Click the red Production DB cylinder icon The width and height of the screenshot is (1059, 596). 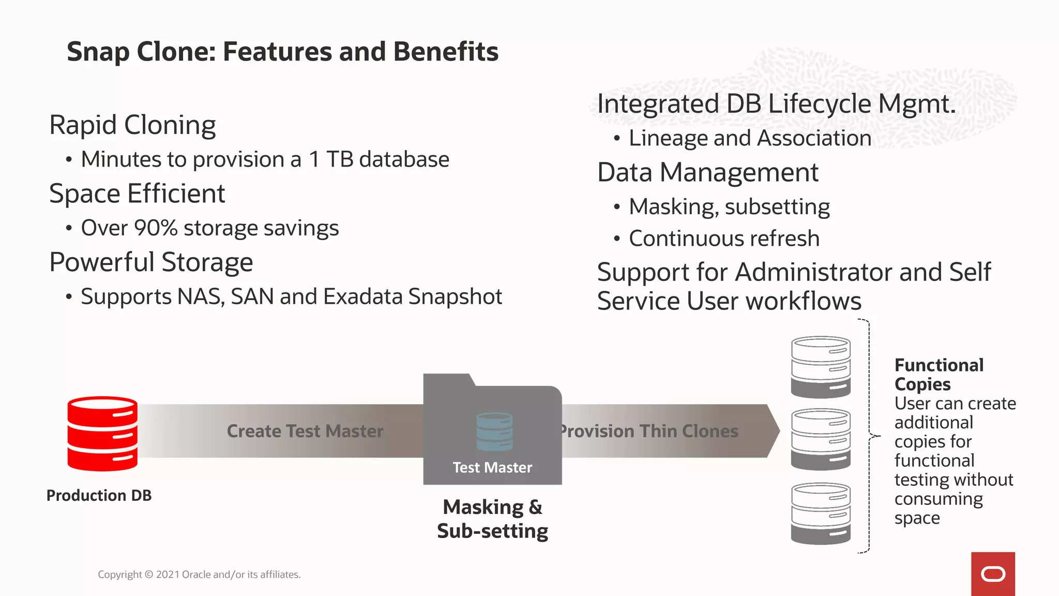point(102,434)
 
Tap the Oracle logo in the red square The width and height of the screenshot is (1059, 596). point(993,574)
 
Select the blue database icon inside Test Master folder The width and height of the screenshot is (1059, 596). point(495,431)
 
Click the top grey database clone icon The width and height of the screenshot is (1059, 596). point(821,367)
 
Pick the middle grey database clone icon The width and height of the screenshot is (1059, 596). point(821,439)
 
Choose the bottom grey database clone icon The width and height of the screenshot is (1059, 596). point(821,513)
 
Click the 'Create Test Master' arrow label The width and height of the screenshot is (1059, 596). point(305,431)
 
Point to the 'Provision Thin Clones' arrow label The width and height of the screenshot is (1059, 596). point(649,431)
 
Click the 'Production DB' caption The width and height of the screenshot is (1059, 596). point(99,495)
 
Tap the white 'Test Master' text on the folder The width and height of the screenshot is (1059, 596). point(492,468)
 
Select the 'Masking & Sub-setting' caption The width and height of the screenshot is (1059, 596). point(492,519)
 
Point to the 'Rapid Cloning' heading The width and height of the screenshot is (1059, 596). point(132,125)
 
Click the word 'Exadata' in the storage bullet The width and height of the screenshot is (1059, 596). point(364,296)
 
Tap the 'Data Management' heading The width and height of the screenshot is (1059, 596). point(708,172)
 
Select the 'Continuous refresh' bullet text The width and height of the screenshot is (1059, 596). point(724,239)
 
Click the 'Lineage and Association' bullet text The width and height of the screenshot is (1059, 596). point(750,138)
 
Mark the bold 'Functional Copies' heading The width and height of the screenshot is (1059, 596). point(939,375)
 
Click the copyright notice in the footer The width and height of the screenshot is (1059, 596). point(199,574)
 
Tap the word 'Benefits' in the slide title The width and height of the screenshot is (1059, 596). point(446,52)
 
